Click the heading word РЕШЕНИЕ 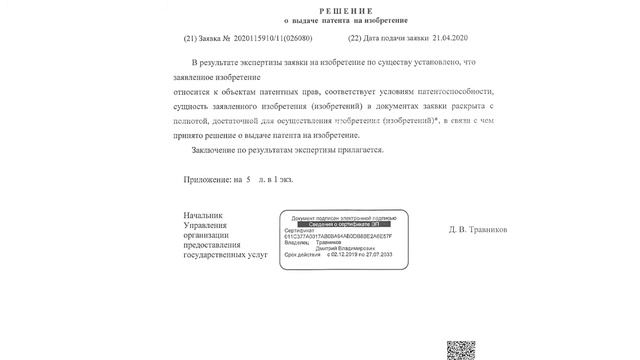(319, 6)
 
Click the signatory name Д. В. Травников (479, 229)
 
